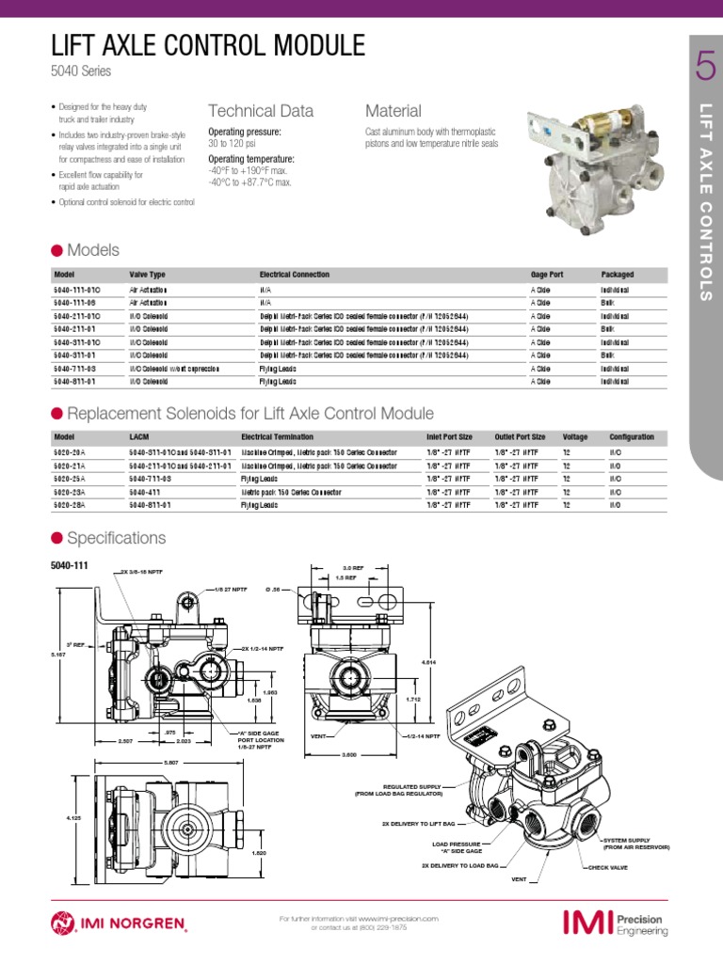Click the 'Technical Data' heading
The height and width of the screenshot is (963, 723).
coord(261,111)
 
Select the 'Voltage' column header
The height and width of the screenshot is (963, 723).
coord(575,437)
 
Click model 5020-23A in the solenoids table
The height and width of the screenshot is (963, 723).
coord(71,492)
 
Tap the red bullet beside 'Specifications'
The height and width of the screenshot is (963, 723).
coord(56,538)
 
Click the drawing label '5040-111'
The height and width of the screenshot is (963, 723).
coord(68,565)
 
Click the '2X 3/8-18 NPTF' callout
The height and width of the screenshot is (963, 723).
coord(143,572)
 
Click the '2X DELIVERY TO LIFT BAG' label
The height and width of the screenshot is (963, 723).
coord(417,822)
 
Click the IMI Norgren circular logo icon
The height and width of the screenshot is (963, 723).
coord(64,923)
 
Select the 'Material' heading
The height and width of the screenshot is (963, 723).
coord(393,111)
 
